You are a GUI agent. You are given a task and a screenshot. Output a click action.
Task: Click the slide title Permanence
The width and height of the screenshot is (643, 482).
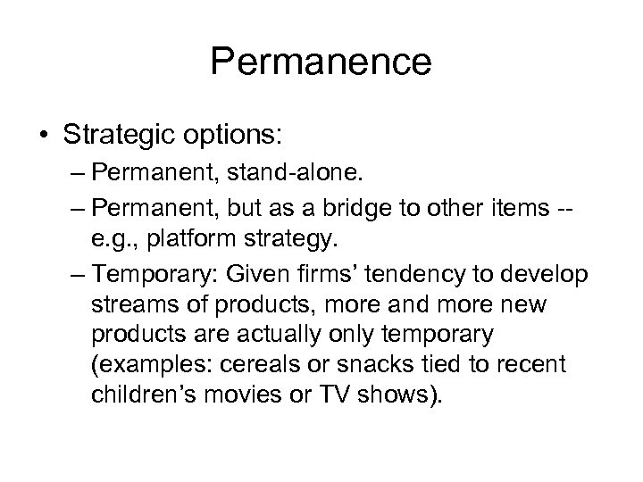click(321, 62)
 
